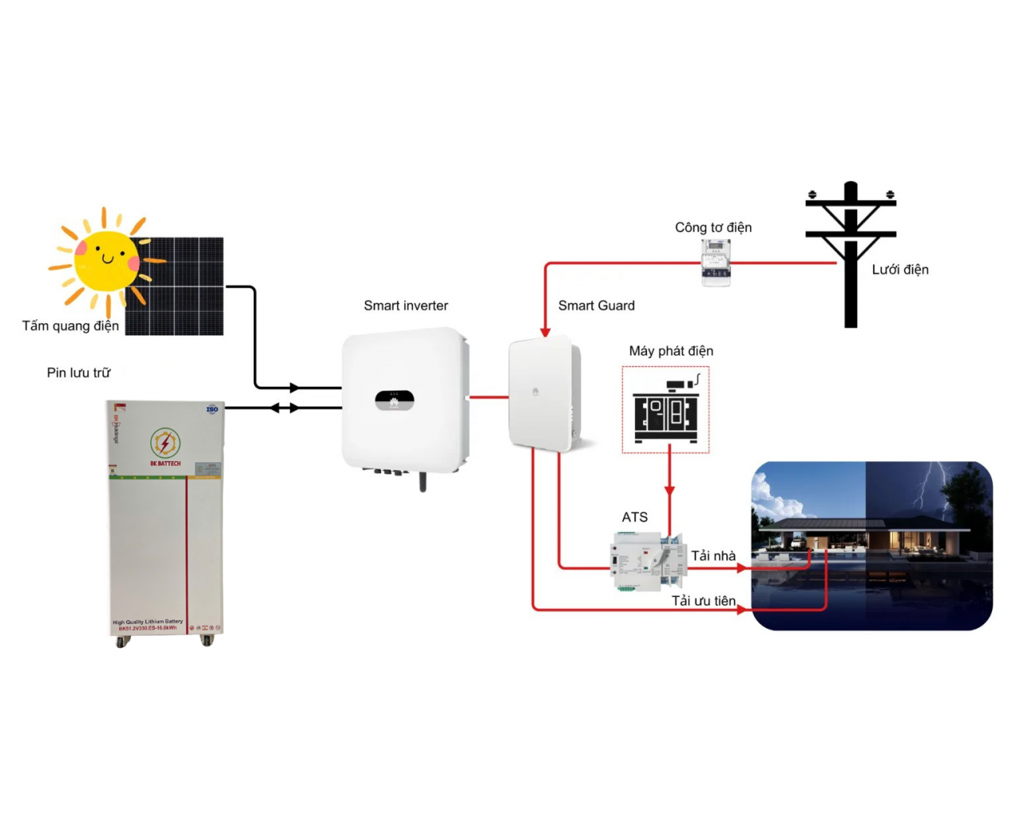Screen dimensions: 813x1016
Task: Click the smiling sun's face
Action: (x=106, y=260)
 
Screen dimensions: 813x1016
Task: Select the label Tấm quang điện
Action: (x=70, y=326)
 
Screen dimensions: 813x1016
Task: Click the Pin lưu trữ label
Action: (x=79, y=372)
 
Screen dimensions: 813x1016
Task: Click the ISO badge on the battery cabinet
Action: (x=212, y=410)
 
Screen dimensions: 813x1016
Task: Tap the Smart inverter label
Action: (x=406, y=306)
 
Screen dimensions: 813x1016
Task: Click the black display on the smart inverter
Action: (x=394, y=400)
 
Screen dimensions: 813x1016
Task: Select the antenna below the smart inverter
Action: (x=422, y=481)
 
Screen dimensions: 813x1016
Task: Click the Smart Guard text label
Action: (x=596, y=306)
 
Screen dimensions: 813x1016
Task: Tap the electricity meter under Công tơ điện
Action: (x=715, y=263)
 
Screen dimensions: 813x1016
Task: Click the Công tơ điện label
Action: (x=713, y=228)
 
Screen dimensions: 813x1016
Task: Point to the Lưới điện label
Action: (x=899, y=270)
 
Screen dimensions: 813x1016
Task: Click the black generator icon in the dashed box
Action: (x=666, y=410)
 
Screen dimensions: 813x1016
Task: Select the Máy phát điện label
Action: (x=671, y=351)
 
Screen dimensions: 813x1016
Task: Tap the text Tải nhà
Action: (x=713, y=556)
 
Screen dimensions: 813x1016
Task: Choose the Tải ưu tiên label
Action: (x=703, y=601)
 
